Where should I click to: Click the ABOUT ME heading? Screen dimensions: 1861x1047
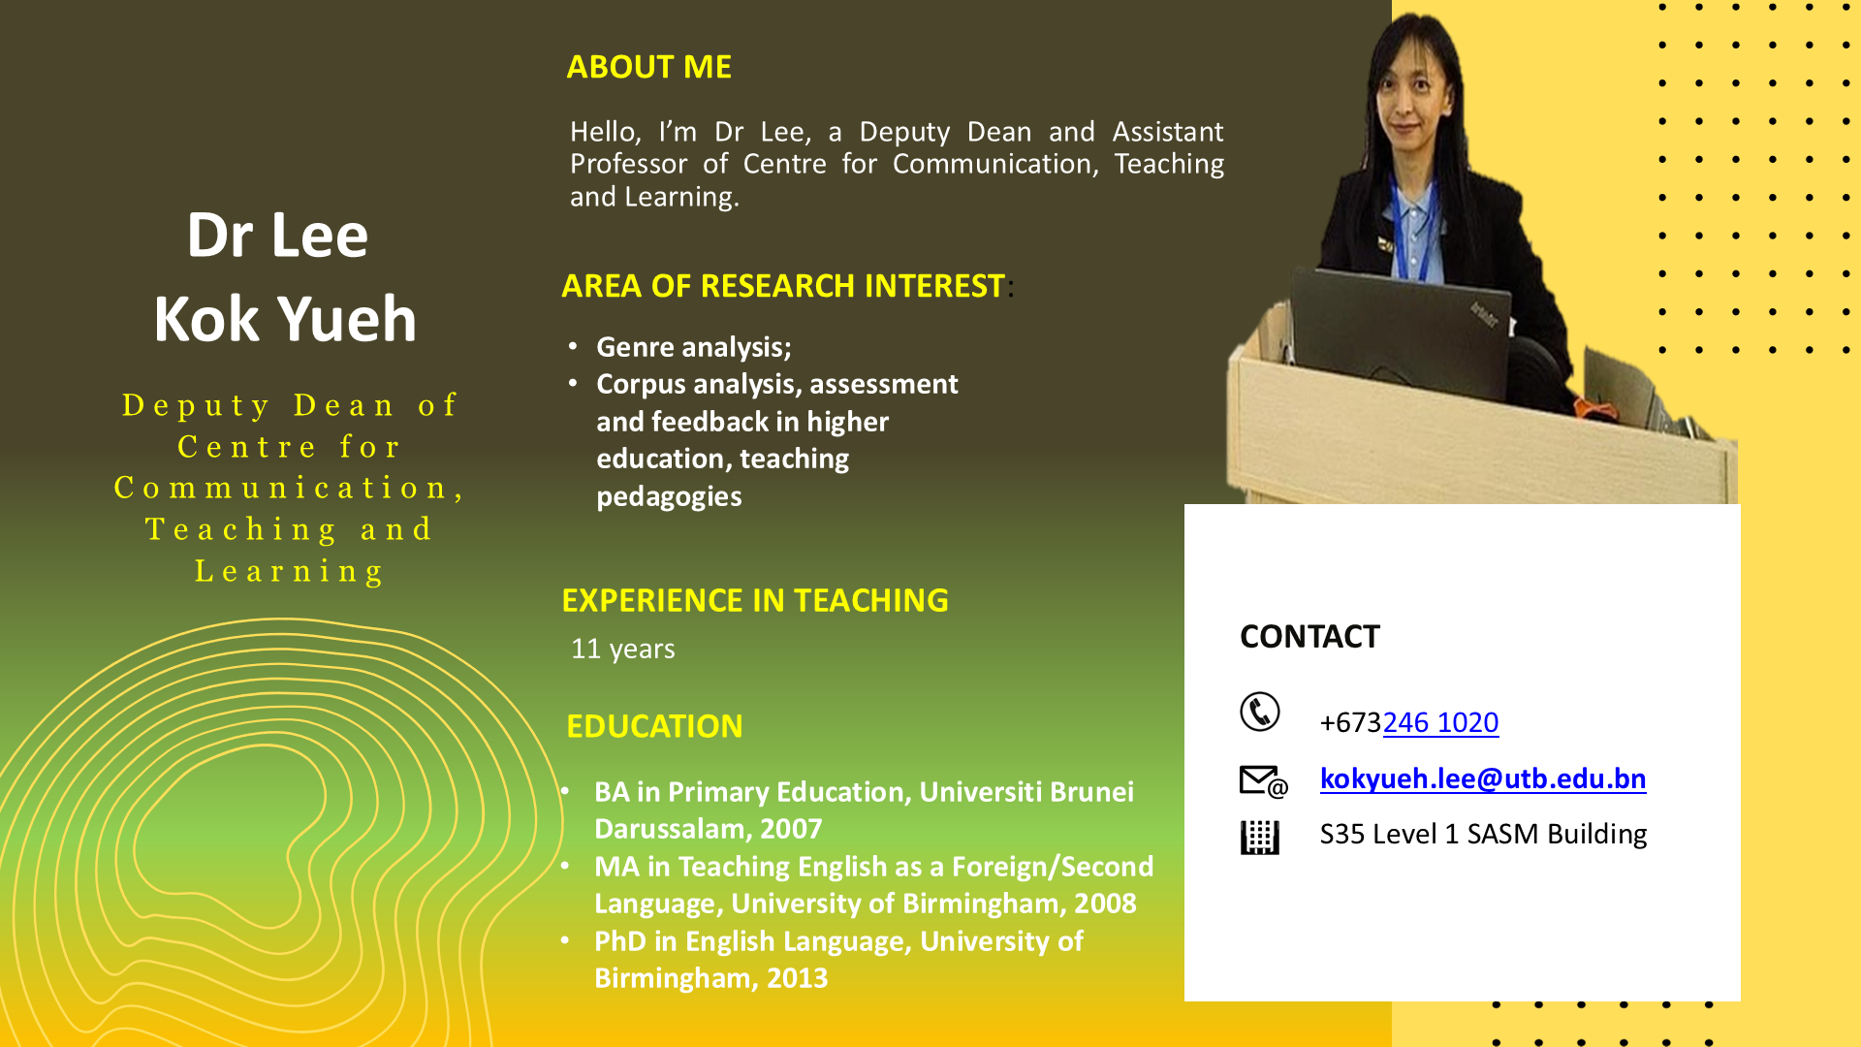pyautogui.click(x=648, y=67)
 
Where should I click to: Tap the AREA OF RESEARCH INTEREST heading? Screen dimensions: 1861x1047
pyautogui.click(x=783, y=286)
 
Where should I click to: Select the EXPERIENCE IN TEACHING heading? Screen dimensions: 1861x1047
pyautogui.click(x=755, y=601)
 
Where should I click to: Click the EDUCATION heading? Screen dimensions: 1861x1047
pyautogui.click(x=654, y=726)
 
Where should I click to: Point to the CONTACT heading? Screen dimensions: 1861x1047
pyautogui.click(x=1309, y=637)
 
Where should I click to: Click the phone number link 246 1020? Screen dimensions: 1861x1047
pyautogui.click(x=1440, y=722)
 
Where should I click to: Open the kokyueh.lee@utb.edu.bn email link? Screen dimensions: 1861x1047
pyautogui.click(x=1483, y=778)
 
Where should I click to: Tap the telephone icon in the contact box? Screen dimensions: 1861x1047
pyautogui.click(x=1260, y=712)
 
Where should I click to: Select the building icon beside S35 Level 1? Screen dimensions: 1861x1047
pyautogui.click(x=1260, y=837)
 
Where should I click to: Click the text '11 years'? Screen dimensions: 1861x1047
pyautogui.click(x=622, y=649)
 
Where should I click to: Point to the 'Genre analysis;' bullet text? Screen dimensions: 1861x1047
pyautogui.click(x=694, y=347)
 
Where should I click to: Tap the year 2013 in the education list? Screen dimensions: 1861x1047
pyautogui.click(x=798, y=978)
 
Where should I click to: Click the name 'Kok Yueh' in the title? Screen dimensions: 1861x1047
pyautogui.click(x=285, y=319)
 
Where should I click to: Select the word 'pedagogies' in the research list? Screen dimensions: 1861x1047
pyautogui.click(x=669, y=496)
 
